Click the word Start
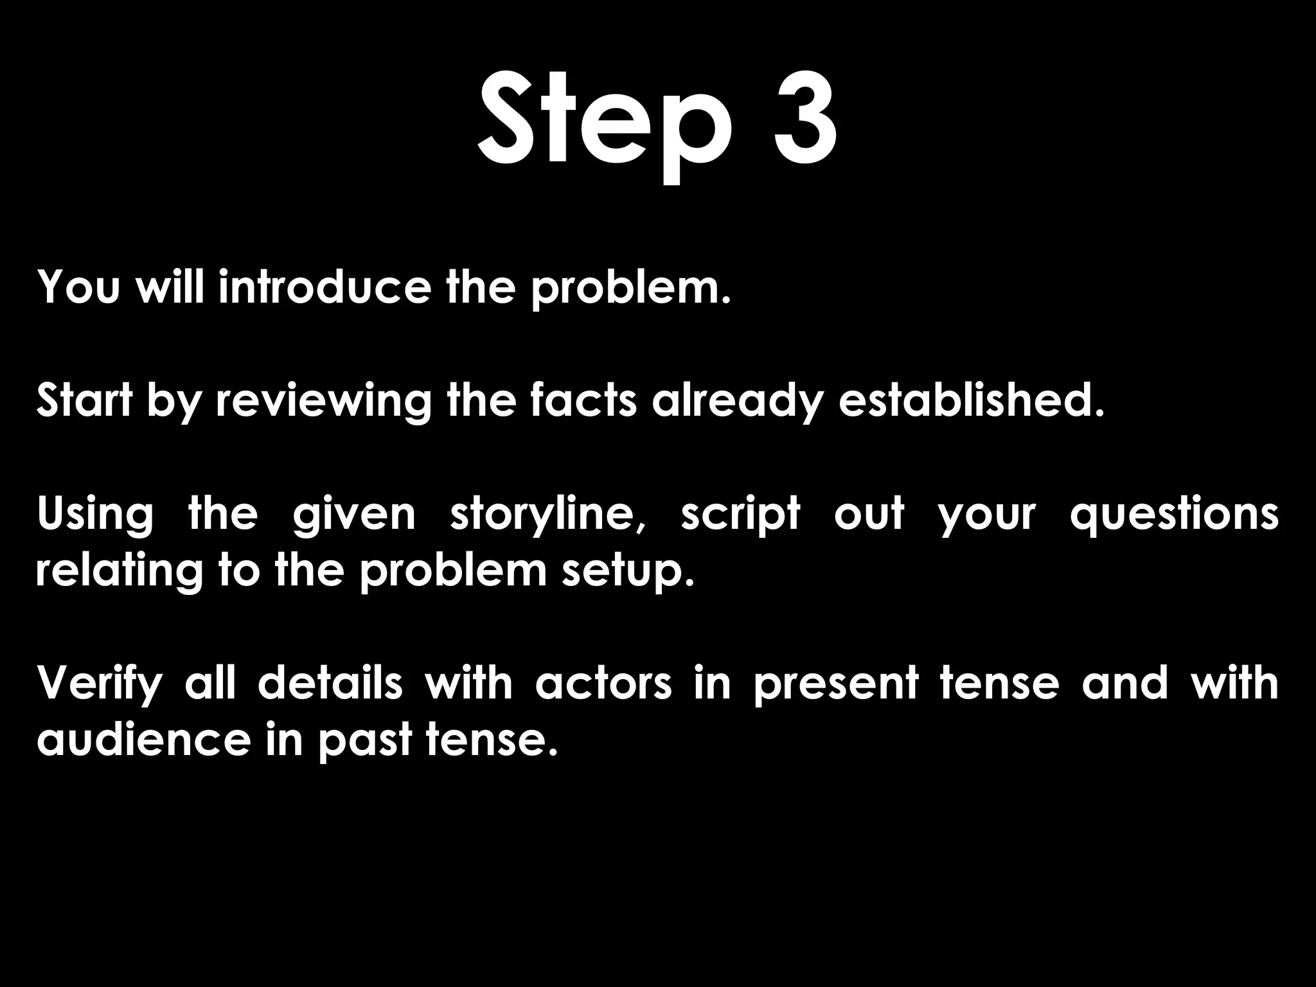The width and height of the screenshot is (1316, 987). click(84, 400)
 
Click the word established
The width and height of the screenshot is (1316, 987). click(971, 400)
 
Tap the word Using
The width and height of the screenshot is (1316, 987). click(95, 515)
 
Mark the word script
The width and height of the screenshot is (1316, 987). click(740, 515)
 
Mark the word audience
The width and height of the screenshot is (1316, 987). click(143, 740)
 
